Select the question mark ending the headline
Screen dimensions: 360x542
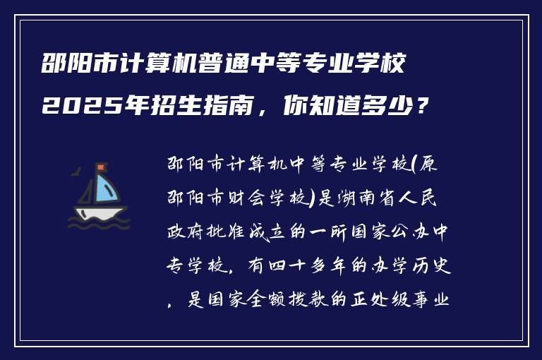[421, 107]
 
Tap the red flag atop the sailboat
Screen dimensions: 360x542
[101, 167]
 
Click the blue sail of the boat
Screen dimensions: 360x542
[106, 188]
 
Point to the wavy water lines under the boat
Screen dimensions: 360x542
[99, 224]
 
